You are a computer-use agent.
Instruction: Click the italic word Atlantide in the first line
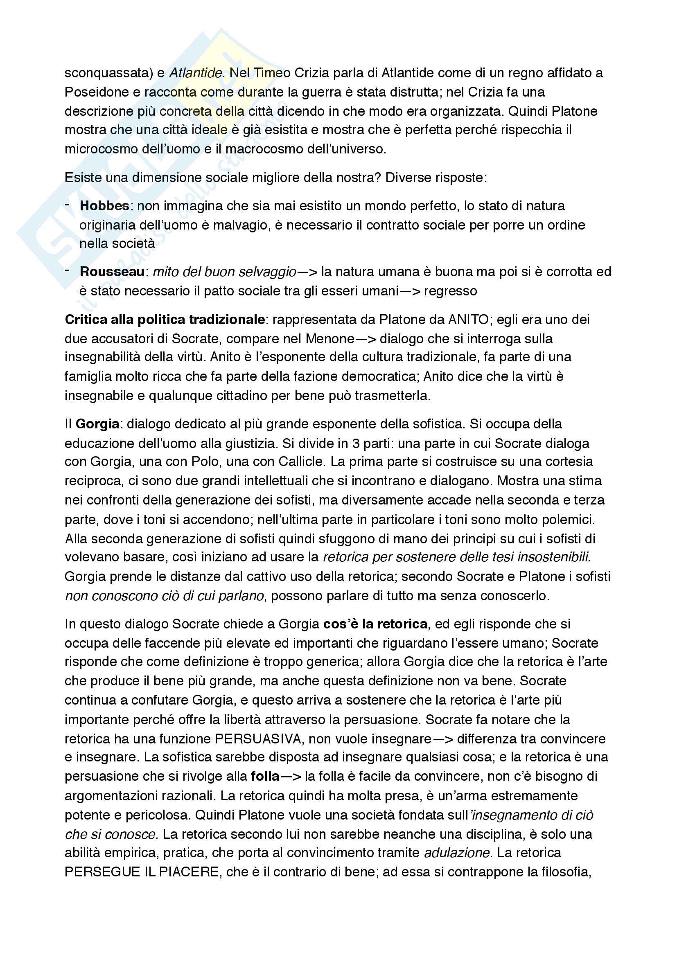[195, 73]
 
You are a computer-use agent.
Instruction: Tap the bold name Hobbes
[104, 206]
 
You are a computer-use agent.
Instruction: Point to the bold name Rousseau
[112, 272]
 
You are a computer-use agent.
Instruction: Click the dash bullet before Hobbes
[68, 204]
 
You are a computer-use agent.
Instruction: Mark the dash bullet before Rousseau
[68, 270]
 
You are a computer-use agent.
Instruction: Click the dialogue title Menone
[330, 338]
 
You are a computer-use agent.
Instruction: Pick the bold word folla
[265, 777]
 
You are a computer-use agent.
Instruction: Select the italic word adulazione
[456, 853]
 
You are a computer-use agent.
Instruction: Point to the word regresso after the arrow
[450, 291]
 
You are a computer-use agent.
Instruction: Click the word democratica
[379, 376]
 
